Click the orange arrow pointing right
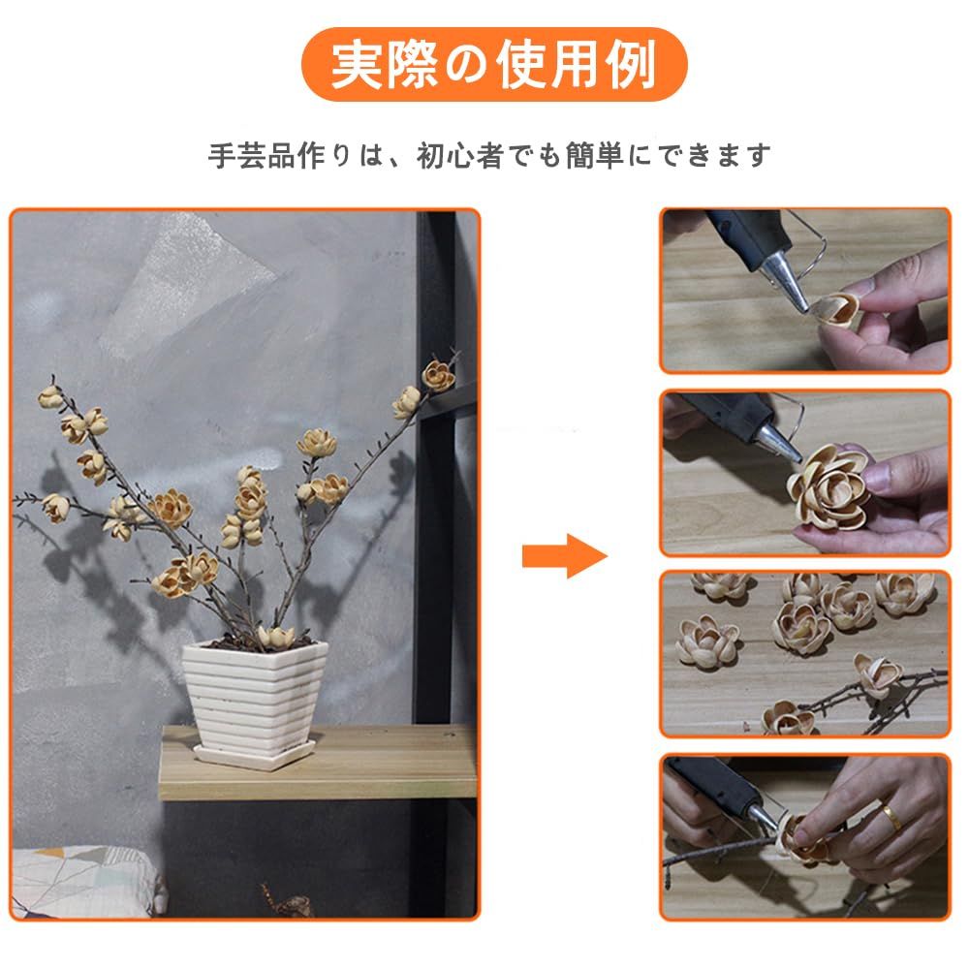click(x=565, y=555)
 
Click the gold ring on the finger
click(x=891, y=818)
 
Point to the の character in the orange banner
click(x=467, y=65)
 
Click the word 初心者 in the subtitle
click(x=459, y=155)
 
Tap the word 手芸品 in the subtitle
click(x=252, y=155)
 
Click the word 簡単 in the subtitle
click(x=594, y=155)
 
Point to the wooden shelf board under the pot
click(x=319, y=764)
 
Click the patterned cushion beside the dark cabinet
click(x=86, y=881)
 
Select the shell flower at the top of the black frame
click(x=438, y=376)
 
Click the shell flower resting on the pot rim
click(x=275, y=638)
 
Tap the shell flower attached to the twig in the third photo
click(x=877, y=676)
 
